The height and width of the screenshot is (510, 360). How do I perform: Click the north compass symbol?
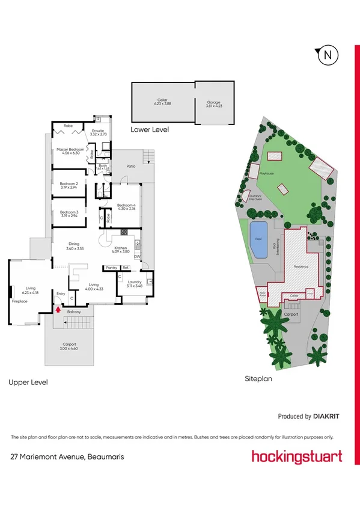click(327, 55)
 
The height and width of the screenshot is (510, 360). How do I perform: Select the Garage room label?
click(213, 102)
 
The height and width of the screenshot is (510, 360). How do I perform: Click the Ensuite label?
click(99, 132)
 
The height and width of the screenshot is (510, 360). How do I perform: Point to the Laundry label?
click(134, 283)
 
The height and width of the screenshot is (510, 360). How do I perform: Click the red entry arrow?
click(58, 310)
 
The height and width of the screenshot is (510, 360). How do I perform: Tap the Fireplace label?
click(20, 300)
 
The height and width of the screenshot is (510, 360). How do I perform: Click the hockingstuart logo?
click(297, 456)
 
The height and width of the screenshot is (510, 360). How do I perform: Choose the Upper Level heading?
click(28, 382)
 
